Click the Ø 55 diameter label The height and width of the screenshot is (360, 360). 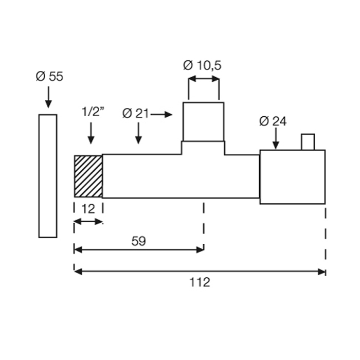pos(49,77)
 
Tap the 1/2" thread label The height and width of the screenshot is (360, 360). pos(93,112)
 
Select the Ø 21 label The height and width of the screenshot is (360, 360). pos(136,114)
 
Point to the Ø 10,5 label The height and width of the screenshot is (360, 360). pos(202,65)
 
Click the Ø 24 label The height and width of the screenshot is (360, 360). pos(273,121)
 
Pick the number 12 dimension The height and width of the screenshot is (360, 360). pos(88,209)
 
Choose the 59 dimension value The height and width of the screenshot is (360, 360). pos(139,241)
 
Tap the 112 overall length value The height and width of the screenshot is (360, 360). pos(200,282)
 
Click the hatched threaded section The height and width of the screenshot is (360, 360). pos(88,176)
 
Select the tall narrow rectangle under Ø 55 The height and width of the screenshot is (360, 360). pos(48,176)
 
